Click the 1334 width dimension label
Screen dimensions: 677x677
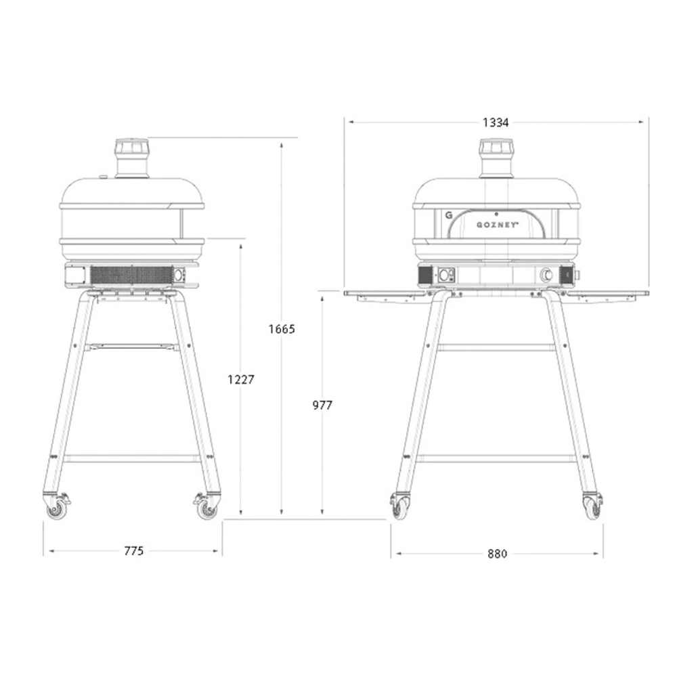(x=496, y=123)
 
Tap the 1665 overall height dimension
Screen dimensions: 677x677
(x=282, y=329)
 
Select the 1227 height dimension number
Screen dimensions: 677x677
(x=241, y=380)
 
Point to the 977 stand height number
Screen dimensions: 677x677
(x=322, y=405)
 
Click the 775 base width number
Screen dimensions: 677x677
(x=133, y=551)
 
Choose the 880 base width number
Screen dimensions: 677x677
(x=497, y=554)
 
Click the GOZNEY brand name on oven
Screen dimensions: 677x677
(x=497, y=225)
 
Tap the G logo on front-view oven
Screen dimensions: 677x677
(x=449, y=215)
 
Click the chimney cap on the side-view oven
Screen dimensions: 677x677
(x=132, y=148)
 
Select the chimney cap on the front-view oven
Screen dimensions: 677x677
(x=496, y=148)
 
